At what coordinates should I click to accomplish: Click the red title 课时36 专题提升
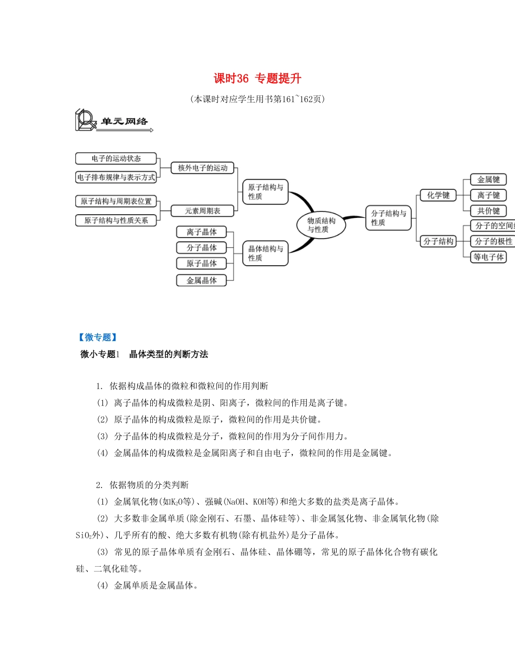257,79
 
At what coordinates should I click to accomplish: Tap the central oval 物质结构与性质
321,225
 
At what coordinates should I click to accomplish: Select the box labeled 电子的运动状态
116,159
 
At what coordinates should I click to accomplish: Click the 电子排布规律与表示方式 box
116,177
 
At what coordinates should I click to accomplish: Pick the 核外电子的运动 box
202,168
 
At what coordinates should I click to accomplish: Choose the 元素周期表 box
202,210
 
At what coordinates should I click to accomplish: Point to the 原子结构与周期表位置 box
116,201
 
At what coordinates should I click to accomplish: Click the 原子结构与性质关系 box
116,220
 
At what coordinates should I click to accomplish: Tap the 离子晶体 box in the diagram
202,232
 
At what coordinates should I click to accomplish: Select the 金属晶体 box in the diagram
202,280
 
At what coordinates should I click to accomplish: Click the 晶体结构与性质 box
265,253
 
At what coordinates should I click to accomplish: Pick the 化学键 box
438,195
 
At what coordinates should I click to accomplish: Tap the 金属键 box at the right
488,179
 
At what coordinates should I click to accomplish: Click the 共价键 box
488,211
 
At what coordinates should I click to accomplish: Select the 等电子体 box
488,256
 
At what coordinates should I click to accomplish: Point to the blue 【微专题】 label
98,337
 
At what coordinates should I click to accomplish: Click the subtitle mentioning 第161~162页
257,99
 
